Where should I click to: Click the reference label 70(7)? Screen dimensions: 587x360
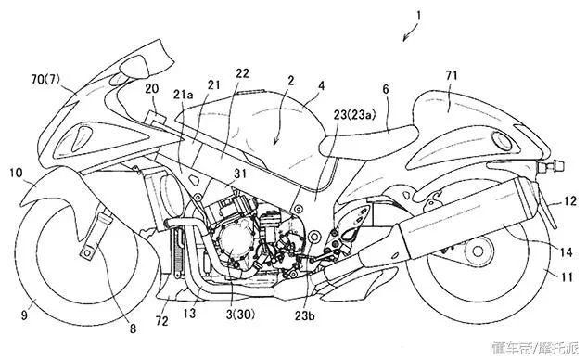(x=45, y=80)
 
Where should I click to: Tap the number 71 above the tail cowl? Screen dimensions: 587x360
(x=452, y=76)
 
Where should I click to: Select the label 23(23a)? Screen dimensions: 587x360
(x=354, y=115)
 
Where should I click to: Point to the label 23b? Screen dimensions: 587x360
(x=304, y=315)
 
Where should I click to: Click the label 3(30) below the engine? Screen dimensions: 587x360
(x=240, y=314)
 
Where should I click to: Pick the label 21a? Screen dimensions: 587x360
(x=183, y=95)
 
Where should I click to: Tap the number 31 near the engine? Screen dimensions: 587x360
(x=240, y=174)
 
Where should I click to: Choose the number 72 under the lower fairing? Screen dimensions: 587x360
(x=162, y=321)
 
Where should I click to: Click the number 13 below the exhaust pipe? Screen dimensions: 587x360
(x=189, y=313)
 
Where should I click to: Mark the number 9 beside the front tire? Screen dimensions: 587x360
(x=24, y=315)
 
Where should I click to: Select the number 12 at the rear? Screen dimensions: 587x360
(x=570, y=202)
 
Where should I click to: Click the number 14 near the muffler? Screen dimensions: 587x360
(x=567, y=252)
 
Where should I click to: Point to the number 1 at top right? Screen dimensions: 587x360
(x=419, y=16)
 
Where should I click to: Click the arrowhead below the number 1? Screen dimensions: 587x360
(x=405, y=39)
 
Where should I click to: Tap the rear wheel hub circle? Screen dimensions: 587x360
(x=478, y=251)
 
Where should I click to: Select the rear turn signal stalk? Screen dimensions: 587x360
(x=551, y=166)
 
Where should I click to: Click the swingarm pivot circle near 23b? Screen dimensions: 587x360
(x=313, y=238)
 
